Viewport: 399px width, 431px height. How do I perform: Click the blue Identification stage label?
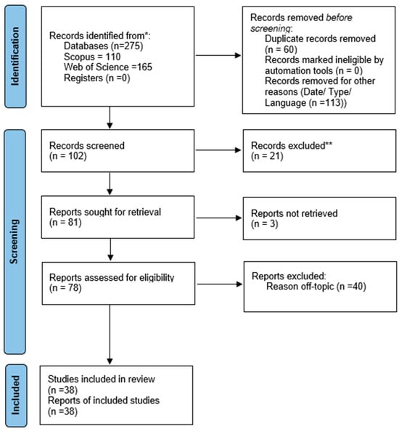[16, 57]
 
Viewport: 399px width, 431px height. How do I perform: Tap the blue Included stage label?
[16, 395]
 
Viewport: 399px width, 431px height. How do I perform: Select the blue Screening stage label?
[15, 242]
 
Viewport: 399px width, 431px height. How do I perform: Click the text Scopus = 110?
[92, 57]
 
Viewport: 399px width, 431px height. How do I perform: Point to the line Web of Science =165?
[107, 67]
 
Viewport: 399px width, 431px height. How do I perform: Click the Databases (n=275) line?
[103, 46]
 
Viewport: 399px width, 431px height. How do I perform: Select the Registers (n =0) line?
[96, 78]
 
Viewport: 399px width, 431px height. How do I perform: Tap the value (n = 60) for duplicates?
[281, 49]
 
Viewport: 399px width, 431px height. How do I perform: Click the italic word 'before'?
[339, 17]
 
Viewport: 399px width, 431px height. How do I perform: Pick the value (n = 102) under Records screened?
[68, 156]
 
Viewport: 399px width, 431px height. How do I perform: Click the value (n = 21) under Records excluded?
[267, 156]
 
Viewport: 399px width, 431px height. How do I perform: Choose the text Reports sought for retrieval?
[105, 212]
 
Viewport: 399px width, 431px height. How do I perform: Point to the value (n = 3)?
[265, 223]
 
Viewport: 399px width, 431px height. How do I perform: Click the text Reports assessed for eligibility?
[112, 278]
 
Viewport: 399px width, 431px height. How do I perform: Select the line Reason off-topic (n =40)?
[316, 287]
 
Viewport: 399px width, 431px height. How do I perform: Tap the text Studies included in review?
[102, 379]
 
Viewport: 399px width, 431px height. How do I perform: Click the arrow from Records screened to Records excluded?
[218, 150]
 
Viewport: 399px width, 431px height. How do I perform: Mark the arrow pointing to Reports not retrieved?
[219, 218]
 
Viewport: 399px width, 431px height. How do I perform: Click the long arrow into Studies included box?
[110, 334]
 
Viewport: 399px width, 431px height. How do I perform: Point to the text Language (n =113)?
[305, 103]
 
